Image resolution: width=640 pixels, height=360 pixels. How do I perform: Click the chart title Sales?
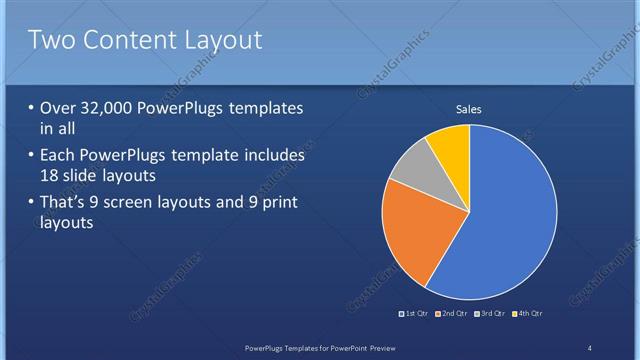470,109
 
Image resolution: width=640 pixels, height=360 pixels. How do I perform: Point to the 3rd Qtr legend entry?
490,314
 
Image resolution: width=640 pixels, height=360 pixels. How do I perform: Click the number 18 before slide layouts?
51,176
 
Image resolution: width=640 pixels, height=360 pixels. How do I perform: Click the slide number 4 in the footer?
590,347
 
